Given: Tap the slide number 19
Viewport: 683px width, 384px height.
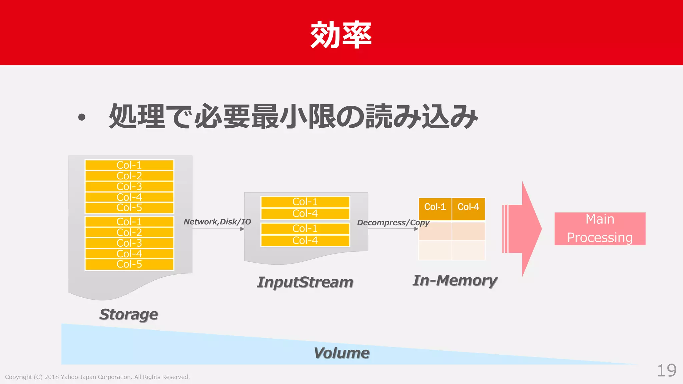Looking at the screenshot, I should (x=666, y=370).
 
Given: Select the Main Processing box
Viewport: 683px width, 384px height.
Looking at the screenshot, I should (x=600, y=229).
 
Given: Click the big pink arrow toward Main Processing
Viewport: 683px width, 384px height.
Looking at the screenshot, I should (x=524, y=229).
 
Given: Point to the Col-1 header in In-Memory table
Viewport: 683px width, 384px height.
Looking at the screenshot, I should (x=435, y=207).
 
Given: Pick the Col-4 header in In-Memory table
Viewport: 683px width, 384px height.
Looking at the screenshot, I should (x=468, y=207).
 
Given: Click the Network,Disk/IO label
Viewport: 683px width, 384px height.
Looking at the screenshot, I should (x=217, y=222).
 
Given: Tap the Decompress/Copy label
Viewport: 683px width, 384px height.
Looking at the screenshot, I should (x=393, y=222).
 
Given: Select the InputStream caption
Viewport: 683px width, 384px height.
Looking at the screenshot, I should (x=305, y=282).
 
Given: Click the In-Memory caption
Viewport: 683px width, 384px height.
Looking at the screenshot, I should (x=455, y=280).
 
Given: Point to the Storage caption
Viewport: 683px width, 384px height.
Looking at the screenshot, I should (x=129, y=314).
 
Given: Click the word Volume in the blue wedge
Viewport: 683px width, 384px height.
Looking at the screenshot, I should (x=341, y=353).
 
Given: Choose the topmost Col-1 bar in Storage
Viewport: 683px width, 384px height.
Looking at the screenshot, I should (x=129, y=165).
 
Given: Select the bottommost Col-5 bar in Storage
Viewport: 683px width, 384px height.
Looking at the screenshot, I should (x=129, y=264).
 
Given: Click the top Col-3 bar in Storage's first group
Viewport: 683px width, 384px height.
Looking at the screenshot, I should (x=129, y=186).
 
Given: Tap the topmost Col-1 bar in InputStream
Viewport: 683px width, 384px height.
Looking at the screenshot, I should (x=305, y=202).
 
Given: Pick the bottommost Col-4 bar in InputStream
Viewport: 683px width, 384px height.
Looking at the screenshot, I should (x=305, y=240).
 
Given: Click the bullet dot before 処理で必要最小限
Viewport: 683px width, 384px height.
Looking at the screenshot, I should (x=82, y=117).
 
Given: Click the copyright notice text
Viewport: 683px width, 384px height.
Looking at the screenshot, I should (x=97, y=377).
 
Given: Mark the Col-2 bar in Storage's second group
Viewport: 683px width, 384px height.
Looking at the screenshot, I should (x=129, y=232).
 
